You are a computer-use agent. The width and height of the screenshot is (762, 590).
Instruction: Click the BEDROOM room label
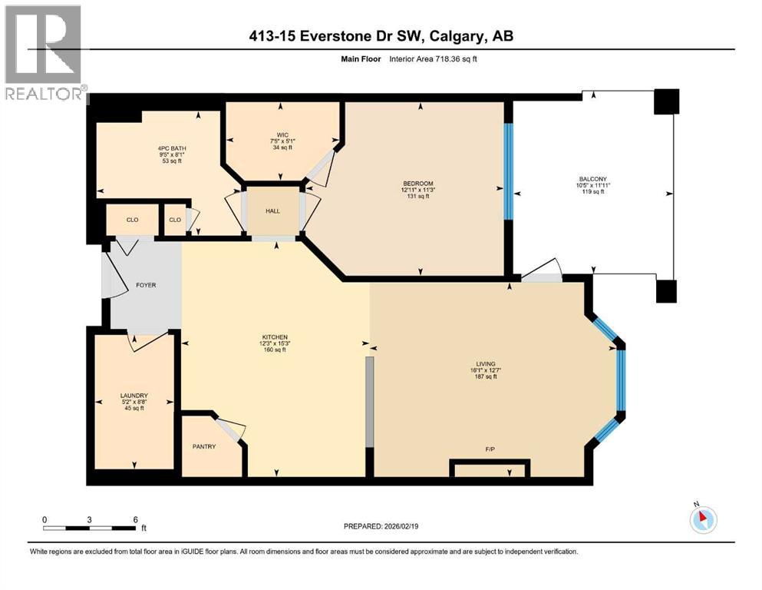coord(418,183)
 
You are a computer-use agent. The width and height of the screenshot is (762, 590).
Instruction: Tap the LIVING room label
coord(485,364)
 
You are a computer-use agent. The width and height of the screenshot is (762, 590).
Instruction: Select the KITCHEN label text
coord(274,337)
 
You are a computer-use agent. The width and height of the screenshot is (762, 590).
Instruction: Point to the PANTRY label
coord(204,446)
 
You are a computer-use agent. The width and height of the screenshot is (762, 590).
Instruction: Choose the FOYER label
coord(146,285)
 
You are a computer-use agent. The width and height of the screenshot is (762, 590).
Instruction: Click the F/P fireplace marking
coord(488,449)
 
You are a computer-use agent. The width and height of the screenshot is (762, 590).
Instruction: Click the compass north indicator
coord(703,519)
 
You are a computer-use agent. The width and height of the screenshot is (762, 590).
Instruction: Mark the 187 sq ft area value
coord(485,376)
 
